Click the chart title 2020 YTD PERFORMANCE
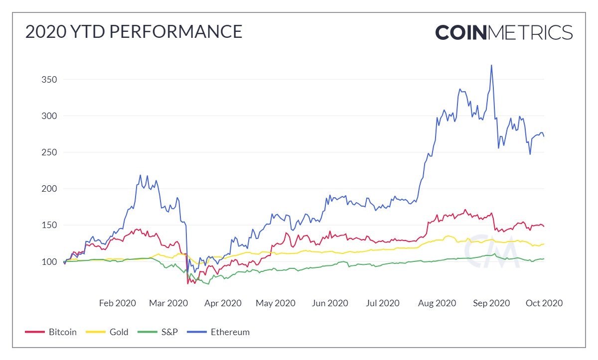tap(134, 32)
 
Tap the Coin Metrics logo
tap(503, 32)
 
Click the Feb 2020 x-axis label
tap(117, 303)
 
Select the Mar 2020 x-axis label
tap(168, 303)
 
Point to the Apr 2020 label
tap(222, 303)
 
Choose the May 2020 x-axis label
tap(276, 303)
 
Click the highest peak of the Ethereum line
tap(491, 65)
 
